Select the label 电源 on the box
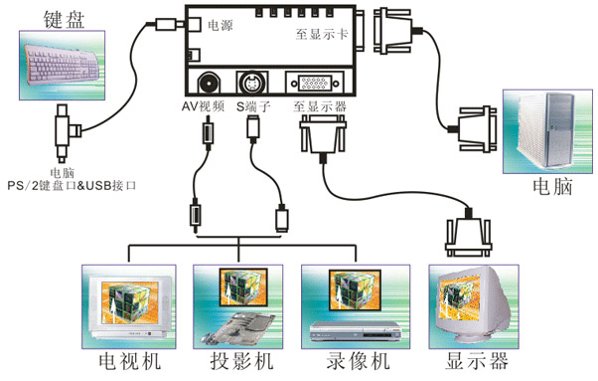coord(220,26)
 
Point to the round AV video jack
coord(209,83)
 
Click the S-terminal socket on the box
coord(250,83)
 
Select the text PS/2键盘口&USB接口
coord(72,185)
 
